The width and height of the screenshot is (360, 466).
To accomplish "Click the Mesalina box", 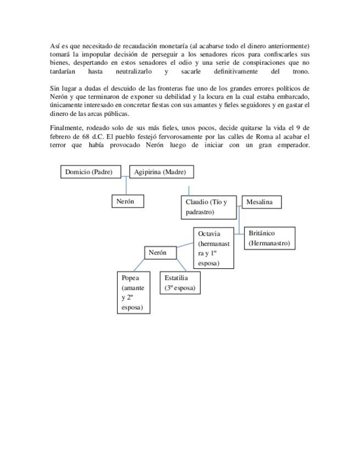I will point(261,202).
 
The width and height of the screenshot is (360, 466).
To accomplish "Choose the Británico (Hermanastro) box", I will point(269,238).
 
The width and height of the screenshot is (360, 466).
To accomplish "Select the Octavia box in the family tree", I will point(214,248).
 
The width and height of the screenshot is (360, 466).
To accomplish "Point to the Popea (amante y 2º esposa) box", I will point(134,292).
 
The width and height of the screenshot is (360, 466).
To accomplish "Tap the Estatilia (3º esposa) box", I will point(180,282).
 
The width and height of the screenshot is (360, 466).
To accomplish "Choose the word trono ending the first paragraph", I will point(301,71).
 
